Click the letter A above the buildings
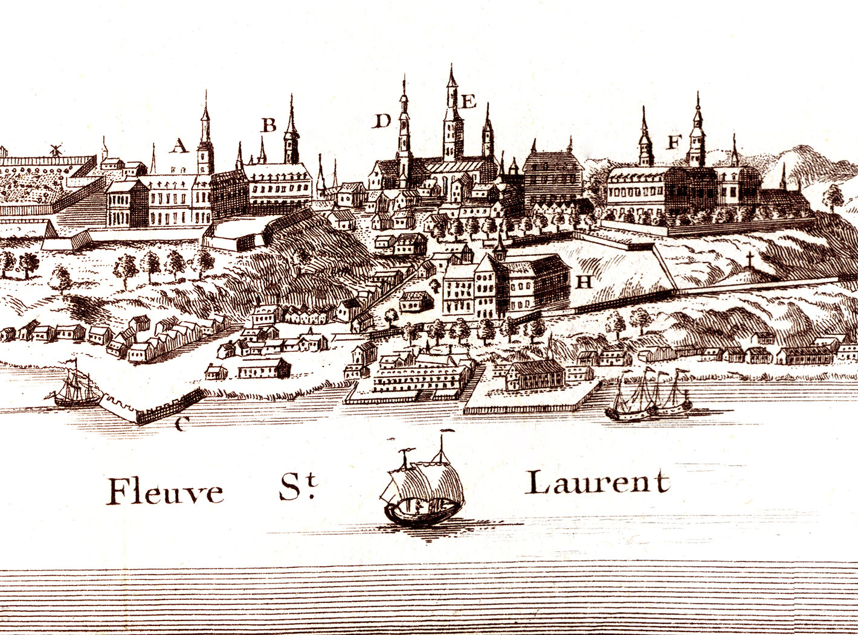[x=178, y=146]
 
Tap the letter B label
[x=268, y=126]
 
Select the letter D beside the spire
[x=382, y=121]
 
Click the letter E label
[x=468, y=101]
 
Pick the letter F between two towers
[x=674, y=142]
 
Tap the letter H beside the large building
[x=584, y=281]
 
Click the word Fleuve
[x=165, y=491]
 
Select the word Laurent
[x=598, y=482]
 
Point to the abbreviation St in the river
[x=298, y=488]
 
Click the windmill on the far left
[x=56, y=150]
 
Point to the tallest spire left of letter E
[x=452, y=115]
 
